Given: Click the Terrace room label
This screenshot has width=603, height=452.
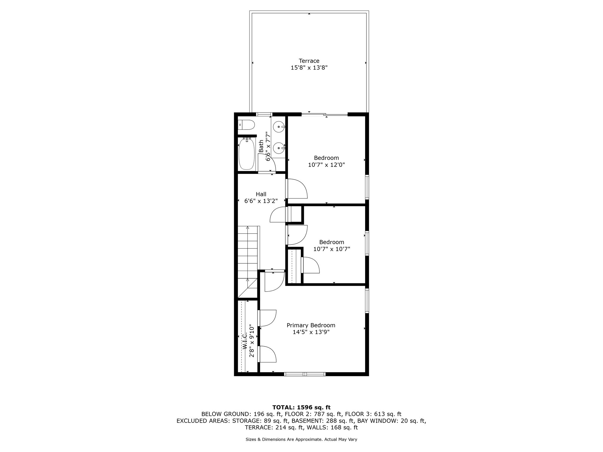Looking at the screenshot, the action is pyautogui.click(x=309, y=61).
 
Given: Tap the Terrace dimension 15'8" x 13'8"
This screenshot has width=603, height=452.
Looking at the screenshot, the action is pyautogui.click(x=309, y=68).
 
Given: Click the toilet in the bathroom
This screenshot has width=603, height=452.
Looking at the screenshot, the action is pyautogui.click(x=246, y=125).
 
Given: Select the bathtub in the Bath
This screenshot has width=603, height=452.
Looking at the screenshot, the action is pyautogui.click(x=246, y=154).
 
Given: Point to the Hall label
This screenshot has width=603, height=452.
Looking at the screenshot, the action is pyautogui.click(x=261, y=194).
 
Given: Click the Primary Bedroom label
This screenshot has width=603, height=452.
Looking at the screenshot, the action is pyautogui.click(x=311, y=325).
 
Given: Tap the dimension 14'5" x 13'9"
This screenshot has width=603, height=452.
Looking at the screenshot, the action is pyautogui.click(x=311, y=332).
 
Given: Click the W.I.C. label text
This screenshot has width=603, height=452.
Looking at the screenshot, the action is pyautogui.click(x=245, y=341).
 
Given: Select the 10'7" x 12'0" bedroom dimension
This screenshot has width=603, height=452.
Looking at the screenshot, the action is pyautogui.click(x=326, y=165).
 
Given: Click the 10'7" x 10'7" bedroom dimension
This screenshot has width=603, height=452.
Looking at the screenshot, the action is pyautogui.click(x=332, y=249).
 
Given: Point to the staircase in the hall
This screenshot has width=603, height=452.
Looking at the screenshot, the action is pyautogui.click(x=248, y=262).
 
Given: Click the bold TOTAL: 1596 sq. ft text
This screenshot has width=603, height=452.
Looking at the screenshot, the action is pyautogui.click(x=301, y=408).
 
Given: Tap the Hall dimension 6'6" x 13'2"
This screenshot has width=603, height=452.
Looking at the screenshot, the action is pyautogui.click(x=261, y=201).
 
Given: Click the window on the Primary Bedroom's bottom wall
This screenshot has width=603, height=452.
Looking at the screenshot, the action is pyautogui.click(x=305, y=374).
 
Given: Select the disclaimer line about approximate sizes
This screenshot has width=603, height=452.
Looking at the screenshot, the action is pyautogui.click(x=301, y=439).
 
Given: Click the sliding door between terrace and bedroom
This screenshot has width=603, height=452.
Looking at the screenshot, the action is pyautogui.click(x=324, y=114).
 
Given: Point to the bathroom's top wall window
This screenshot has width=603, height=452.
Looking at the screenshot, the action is pyautogui.click(x=264, y=114).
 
